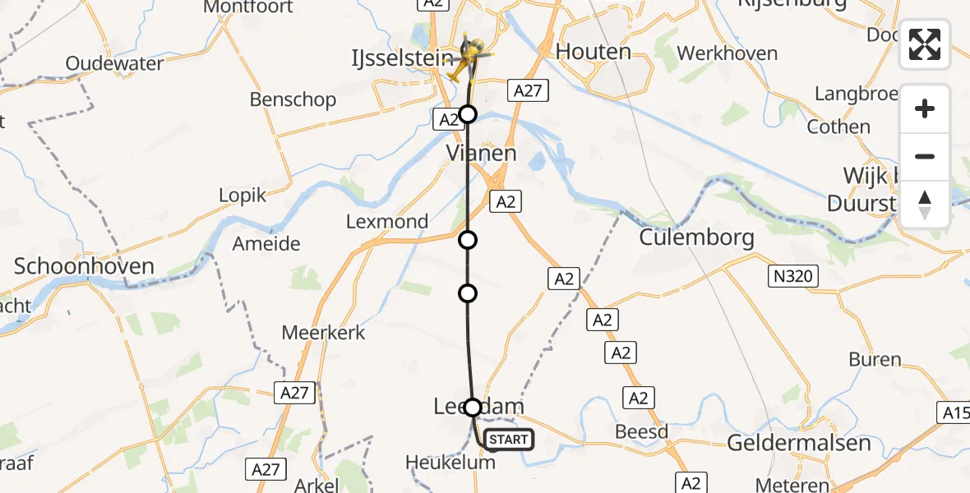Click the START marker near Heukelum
pyautogui.click(x=509, y=440)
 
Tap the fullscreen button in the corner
pyautogui.click(x=925, y=44)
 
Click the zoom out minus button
pyautogui.click(x=925, y=156)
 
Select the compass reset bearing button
pyautogui.click(x=925, y=205)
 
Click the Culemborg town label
pyautogui.click(x=697, y=238)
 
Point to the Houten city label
pyautogui.click(x=594, y=52)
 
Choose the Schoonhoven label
pyautogui.click(x=85, y=266)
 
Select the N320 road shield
pyautogui.click(x=794, y=276)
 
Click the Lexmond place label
pyautogui.click(x=387, y=221)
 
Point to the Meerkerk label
pyautogui.click(x=323, y=333)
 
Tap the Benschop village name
pyautogui.click(x=293, y=100)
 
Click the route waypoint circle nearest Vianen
pyautogui.click(x=468, y=114)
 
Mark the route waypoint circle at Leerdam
pyautogui.click(x=473, y=407)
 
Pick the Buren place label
pyautogui.click(x=875, y=359)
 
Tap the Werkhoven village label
pyautogui.click(x=727, y=54)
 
